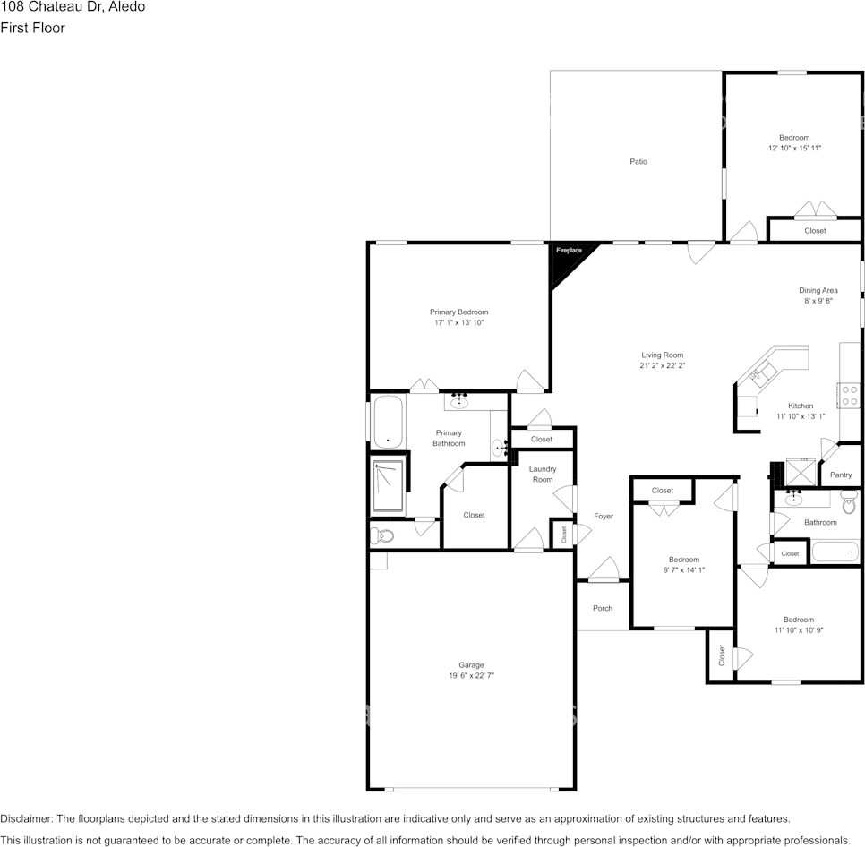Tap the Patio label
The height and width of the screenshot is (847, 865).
638,162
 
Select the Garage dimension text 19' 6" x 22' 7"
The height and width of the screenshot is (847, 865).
471,676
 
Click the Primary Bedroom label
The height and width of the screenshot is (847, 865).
458,312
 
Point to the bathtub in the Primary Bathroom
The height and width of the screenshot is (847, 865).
387,420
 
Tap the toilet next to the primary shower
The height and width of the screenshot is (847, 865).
382,536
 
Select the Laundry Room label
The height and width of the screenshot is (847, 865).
543,475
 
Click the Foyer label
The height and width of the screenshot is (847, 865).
604,516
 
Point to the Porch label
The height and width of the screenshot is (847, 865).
603,608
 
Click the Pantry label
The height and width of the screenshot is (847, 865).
841,475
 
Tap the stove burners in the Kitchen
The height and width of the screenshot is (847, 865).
849,396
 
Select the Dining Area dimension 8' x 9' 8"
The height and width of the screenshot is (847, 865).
818,302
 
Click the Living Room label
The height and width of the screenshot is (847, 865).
662,355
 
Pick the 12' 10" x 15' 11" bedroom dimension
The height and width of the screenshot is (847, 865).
794,148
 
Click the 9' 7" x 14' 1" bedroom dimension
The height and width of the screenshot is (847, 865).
684,570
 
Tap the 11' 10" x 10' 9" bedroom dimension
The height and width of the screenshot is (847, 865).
799,630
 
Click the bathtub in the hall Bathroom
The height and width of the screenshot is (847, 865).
835,551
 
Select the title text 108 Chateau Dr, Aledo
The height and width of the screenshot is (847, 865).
73,7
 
